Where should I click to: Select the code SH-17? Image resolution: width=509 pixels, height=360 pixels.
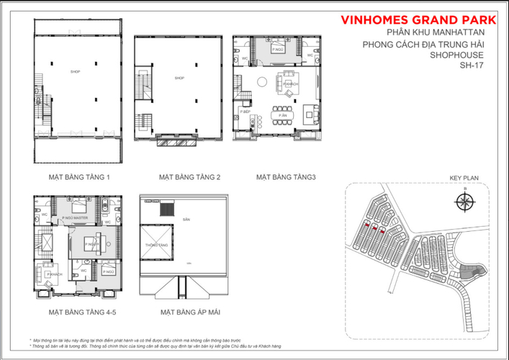[x=473, y=66]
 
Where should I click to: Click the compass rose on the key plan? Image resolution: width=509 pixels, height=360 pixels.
[x=463, y=203]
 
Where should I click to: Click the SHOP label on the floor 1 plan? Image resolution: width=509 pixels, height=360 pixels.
[x=74, y=72]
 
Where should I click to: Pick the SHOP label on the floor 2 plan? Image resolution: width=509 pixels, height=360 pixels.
[x=179, y=78]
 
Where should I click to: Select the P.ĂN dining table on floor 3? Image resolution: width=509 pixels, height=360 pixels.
[x=283, y=115]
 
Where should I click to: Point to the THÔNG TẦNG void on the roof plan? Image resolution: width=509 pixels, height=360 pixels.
[x=158, y=246]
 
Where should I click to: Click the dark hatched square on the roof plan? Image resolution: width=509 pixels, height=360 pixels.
[x=166, y=209]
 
